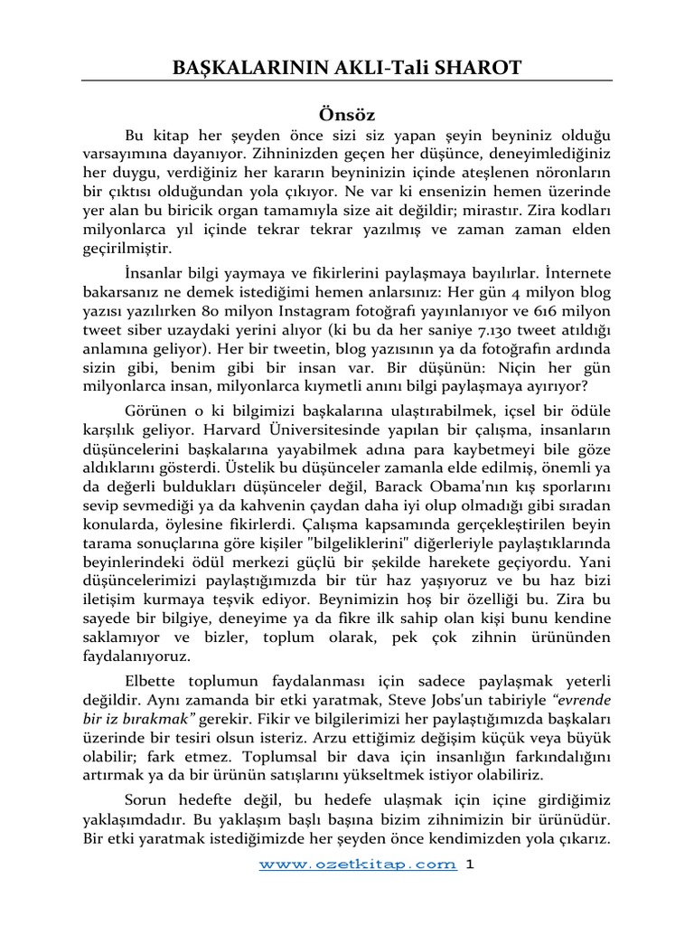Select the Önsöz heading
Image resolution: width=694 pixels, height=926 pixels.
pyautogui.click(x=347, y=115)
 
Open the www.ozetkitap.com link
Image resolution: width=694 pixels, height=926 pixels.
pyautogui.click(x=357, y=864)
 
